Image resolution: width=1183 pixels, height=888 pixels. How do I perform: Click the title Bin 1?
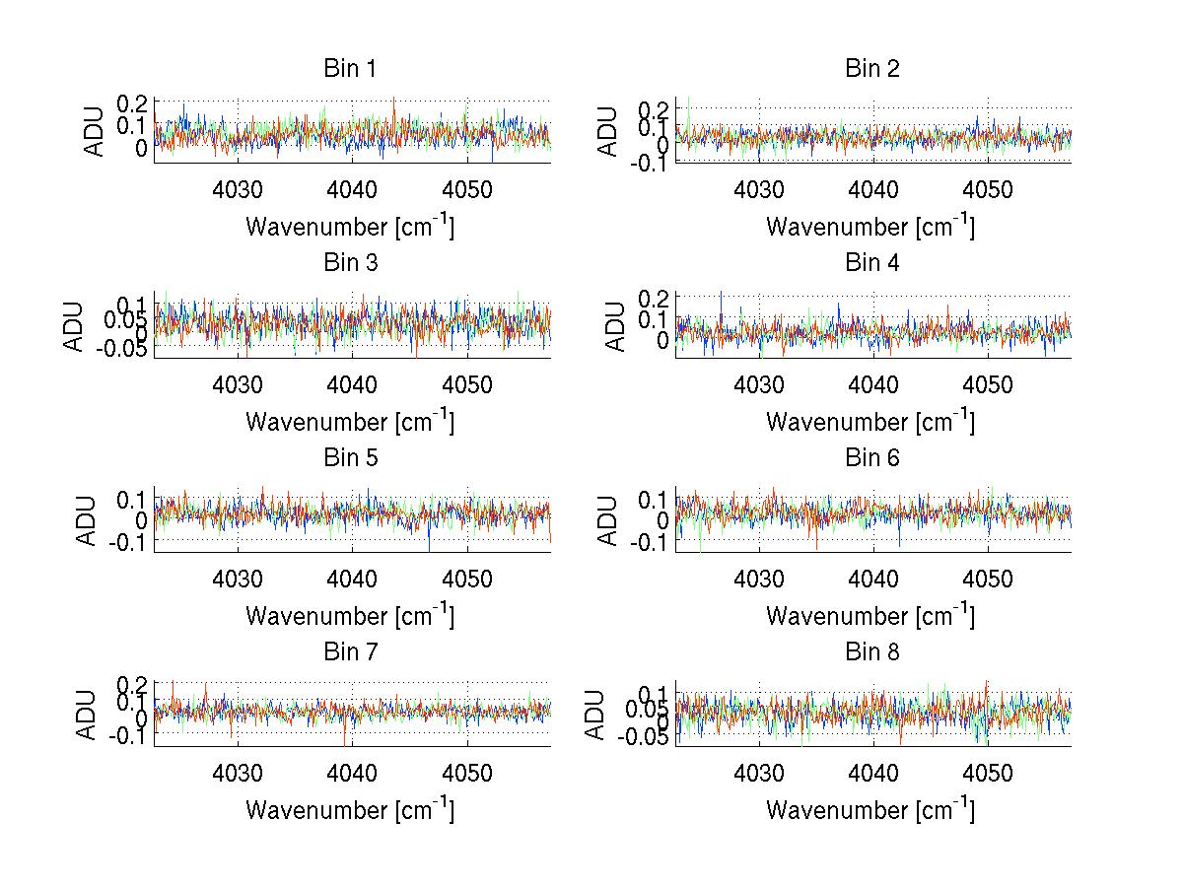(350, 69)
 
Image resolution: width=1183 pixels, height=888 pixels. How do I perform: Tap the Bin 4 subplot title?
(871, 263)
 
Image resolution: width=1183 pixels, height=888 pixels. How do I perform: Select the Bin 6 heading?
(871, 457)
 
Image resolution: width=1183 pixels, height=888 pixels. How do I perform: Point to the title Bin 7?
(350, 651)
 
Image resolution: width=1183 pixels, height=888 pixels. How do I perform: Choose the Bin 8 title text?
(871, 651)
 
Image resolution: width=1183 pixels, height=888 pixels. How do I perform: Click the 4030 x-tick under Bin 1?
(238, 190)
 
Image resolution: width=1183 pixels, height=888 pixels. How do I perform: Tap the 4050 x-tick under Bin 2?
(988, 190)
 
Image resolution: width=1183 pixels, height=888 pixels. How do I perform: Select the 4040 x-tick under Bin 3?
(352, 384)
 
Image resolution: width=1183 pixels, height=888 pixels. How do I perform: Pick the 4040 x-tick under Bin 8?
(873, 773)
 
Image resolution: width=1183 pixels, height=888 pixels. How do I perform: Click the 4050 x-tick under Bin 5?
(466, 579)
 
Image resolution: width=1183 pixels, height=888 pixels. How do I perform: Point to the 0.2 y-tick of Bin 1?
(135, 103)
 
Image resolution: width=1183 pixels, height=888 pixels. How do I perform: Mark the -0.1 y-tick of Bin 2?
(650, 165)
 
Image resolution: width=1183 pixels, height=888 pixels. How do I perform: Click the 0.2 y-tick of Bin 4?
(656, 297)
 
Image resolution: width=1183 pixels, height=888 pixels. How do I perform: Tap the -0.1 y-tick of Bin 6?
(650, 542)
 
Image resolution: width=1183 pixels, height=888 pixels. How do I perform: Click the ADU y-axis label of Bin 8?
(594, 716)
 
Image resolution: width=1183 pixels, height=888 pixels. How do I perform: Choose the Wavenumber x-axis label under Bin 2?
(870, 227)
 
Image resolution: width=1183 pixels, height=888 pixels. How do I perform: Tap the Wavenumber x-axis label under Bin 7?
(350, 809)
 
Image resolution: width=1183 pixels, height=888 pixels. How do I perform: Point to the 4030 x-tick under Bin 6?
(759, 579)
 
